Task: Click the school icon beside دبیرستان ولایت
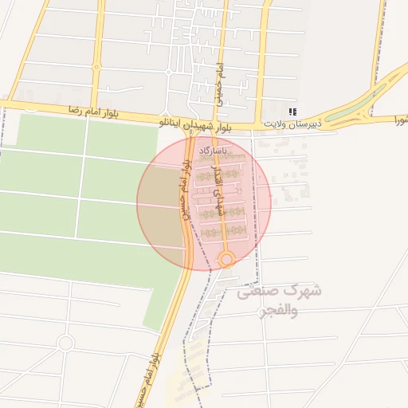[293, 112]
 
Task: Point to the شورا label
[398, 120]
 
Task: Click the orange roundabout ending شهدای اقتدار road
[226, 259]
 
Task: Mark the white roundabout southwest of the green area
[65, 343]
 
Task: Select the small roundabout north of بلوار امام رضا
[169, 72]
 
